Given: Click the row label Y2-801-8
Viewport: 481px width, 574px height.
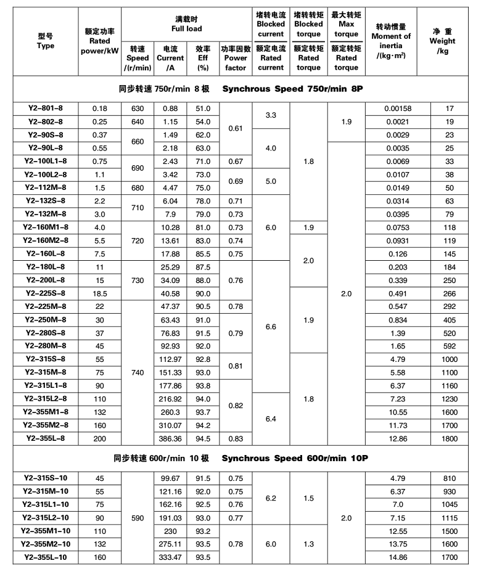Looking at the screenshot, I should [x=45, y=109].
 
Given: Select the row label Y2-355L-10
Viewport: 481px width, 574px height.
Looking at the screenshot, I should [x=45, y=557].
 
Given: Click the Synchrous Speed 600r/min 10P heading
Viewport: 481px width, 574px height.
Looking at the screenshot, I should [x=295, y=459].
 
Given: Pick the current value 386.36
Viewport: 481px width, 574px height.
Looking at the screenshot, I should [x=170, y=438].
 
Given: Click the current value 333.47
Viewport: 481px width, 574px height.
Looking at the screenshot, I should [x=170, y=557].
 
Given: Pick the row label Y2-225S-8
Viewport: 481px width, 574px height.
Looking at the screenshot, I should [x=45, y=293].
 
